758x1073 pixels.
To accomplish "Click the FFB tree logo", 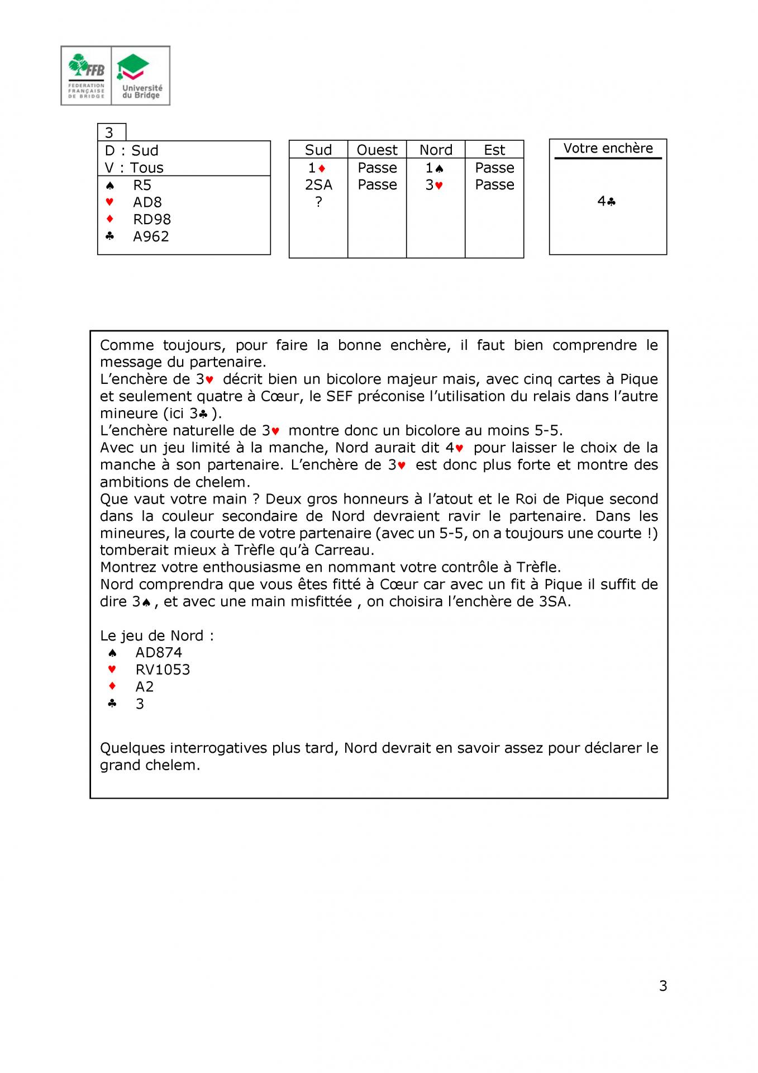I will click(x=86, y=75).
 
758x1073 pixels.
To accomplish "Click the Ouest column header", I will click(x=377, y=150).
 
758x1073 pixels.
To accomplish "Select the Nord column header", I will click(x=436, y=150).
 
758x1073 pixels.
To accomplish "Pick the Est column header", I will click(x=494, y=150).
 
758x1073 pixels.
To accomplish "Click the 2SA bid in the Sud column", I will click(x=318, y=184).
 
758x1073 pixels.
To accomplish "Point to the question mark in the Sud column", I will click(x=318, y=202).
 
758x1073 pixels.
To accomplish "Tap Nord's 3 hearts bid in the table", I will click(x=435, y=185).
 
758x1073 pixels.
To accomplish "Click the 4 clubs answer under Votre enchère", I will click(x=607, y=201).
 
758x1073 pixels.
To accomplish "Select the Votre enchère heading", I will click(x=608, y=148).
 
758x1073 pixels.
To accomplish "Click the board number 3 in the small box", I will click(x=109, y=132).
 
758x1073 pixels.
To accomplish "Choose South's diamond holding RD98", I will click(x=152, y=219).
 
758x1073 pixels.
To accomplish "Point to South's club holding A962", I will click(x=151, y=236).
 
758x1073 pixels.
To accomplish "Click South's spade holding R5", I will click(x=142, y=185).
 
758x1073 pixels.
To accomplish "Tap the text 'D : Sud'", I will click(x=132, y=150).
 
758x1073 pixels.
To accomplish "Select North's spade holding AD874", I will click(x=159, y=652).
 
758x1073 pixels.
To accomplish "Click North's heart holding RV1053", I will click(x=163, y=670).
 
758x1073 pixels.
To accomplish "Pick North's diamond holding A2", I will click(x=145, y=686).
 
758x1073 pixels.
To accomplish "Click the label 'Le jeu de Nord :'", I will click(x=157, y=635).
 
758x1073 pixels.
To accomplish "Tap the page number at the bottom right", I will click(x=663, y=986).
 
